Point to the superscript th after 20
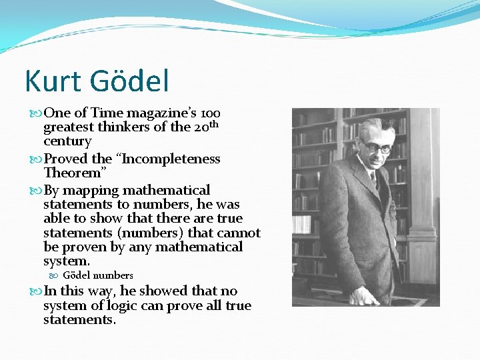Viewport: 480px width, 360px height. pos(214,124)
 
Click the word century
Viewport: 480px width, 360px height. pos(67,141)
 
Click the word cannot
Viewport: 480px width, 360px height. pos(237,233)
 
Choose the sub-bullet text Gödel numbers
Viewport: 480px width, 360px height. pos(98,275)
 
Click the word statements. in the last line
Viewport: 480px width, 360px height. pos(79,320)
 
